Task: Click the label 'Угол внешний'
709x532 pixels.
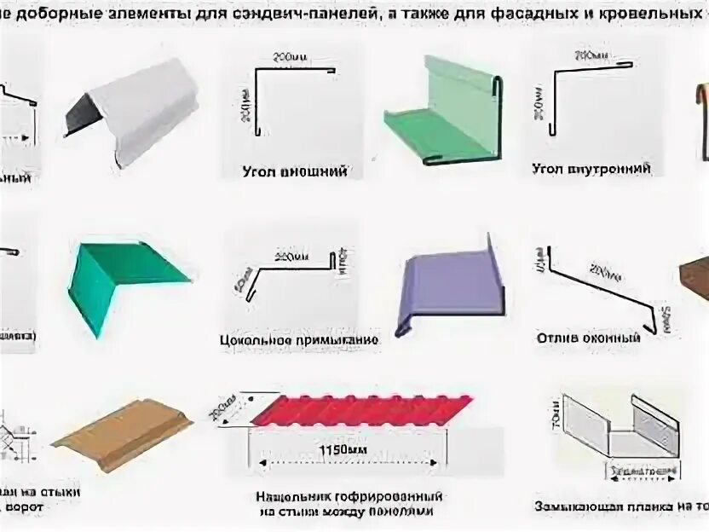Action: [x=283, y=171]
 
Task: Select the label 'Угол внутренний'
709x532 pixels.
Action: [x=591, y=169]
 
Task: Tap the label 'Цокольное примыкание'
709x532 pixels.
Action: [x=298, y=339]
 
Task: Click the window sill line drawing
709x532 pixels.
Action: [x=597, y=281]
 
